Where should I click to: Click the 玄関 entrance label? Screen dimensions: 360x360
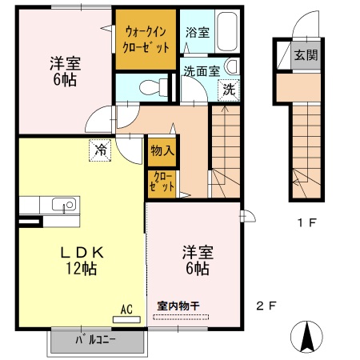305,55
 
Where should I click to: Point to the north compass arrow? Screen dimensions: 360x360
306,337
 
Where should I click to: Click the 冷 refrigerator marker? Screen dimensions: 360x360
101,149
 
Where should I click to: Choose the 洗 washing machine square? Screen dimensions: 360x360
229,89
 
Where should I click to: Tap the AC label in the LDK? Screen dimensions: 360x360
126,308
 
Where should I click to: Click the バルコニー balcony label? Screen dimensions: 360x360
96,340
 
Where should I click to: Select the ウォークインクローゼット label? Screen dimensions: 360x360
146,38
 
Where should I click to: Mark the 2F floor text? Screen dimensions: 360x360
266,305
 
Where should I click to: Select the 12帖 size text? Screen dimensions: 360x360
83,270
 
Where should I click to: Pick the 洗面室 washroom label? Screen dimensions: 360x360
201,70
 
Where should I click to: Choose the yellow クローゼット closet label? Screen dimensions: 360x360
158,182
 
